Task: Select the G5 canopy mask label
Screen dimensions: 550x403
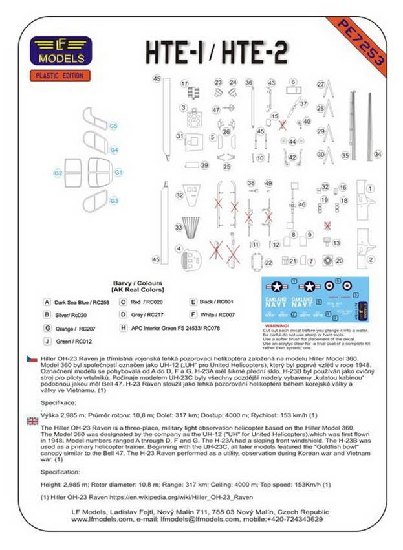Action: coord(113,125)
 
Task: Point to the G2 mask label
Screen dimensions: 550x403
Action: coord(58,173)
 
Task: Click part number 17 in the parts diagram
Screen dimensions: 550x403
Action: coord(185,83)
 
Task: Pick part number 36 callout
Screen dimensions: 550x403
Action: coord(248,83)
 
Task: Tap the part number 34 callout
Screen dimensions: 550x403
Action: coord(378,155)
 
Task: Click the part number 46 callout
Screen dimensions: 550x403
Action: coord(301,204)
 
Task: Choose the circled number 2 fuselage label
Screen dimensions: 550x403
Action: coord(371,260)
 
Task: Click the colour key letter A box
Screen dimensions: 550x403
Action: coord(47,302)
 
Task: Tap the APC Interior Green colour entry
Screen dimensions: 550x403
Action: coord(174,328)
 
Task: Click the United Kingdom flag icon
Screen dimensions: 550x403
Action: coord(32,421)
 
